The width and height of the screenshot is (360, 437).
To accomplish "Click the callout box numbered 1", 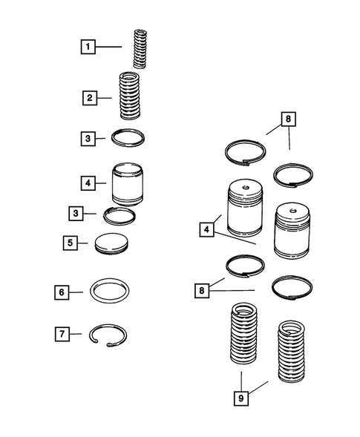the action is (x=88, y=47).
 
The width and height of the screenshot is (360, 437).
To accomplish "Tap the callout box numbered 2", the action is (x=90, y=98).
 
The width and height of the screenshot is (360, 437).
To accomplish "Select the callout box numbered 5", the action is (x=71, y=243).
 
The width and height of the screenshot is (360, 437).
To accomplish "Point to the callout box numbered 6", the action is (x=62, y=292).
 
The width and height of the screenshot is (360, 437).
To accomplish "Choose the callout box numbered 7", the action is (x=62, y=334).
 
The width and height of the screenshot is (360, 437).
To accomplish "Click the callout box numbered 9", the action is (x=241, y=398).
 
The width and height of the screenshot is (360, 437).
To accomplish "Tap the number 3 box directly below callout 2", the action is (x=88, y=139).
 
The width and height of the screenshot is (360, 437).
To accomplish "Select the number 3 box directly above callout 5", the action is (x=76, y=214).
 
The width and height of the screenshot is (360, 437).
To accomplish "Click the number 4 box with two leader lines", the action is (x=206, y=229).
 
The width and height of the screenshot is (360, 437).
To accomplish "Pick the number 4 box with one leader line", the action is (x=88, y=183).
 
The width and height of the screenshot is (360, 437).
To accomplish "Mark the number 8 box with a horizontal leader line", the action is (x=202, y=291).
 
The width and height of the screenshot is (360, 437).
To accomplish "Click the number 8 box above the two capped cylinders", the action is (x=288, y=119).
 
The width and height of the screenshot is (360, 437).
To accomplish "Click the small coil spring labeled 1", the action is (x=140, y=49).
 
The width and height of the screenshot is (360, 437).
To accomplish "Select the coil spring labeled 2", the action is (x=130, y=96).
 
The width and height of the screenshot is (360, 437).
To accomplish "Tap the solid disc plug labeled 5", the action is (x=111, y=244).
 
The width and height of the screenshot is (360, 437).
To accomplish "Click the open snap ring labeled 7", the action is (x=108, y=326).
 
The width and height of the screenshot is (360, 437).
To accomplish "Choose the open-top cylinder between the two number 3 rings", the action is (x=128, y=185).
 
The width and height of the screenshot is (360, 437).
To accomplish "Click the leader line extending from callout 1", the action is (x=108, y=47).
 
